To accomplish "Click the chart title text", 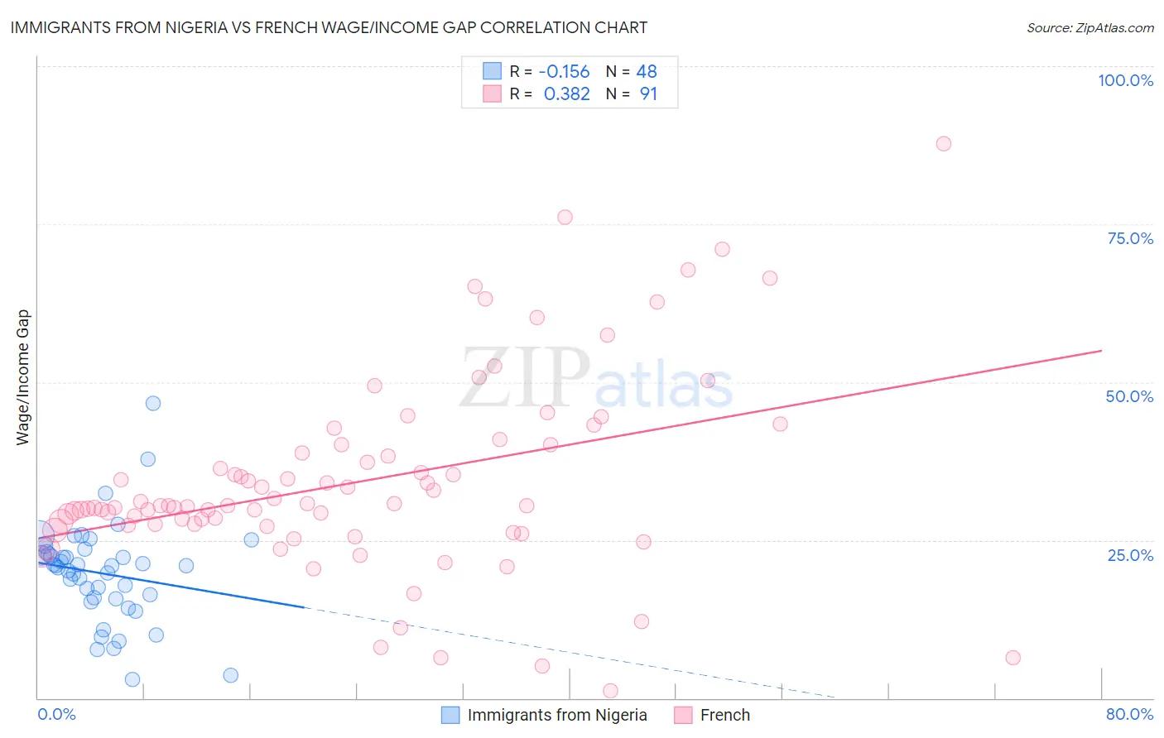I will click(329, 27).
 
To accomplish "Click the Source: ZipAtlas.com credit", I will click(1089, 27).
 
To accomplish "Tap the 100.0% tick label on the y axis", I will click(1125, 80).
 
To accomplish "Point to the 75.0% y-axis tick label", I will click(1130, 238).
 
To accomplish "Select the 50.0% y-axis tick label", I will click(1129, 396).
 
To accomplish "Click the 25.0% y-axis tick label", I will click(1130, 554).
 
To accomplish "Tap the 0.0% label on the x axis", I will click(56, 714).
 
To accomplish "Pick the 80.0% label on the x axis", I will click(1129, 714).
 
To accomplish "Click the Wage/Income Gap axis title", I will click(23, 377).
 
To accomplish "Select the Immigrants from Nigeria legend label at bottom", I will click(557, 715).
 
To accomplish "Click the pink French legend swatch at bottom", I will click(683, 715).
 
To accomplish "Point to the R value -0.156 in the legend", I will click(564, 71).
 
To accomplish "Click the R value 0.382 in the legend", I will click(566, 94).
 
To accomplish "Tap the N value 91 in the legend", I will click(648, 94).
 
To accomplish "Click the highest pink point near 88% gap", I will click(943, 143).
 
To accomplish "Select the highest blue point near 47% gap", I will click(153, 403).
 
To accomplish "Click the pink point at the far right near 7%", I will click(1012, 658).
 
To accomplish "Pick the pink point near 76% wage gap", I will click(565, 217).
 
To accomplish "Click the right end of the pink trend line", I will click(1101, 351).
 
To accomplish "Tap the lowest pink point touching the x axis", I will click(610, 691).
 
